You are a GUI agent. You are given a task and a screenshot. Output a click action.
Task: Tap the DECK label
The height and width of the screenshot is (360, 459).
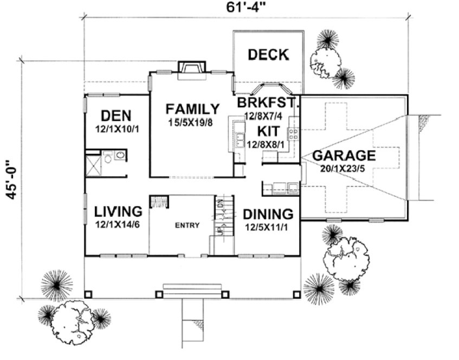click(268, 55)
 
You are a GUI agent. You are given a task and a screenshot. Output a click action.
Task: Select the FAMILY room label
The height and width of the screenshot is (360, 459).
click(192, 109)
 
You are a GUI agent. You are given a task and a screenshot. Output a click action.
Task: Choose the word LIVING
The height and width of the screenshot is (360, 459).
click(118, 211)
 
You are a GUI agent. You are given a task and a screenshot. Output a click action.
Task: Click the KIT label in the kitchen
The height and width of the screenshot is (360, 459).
click(268, 131)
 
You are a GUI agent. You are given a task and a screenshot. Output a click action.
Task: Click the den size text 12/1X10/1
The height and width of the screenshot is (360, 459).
click(117, 130)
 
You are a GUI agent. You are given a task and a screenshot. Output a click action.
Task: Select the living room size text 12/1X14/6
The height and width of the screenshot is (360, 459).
click(118, 224)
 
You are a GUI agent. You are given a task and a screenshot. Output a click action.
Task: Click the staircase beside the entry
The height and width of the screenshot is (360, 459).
click(222, 217)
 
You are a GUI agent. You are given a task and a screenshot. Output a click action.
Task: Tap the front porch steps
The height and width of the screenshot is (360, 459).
click(192, 290)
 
